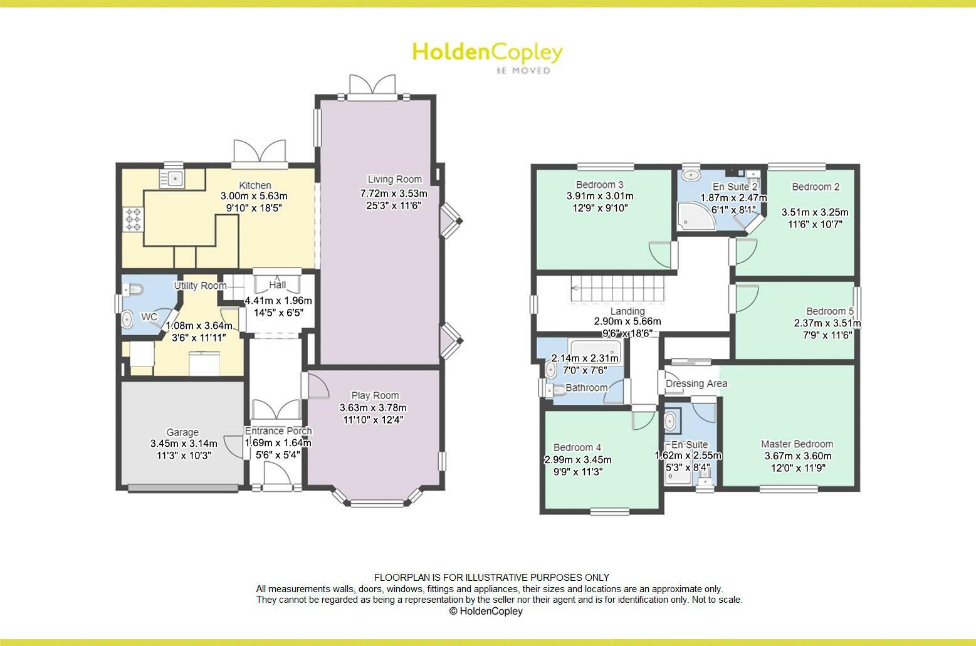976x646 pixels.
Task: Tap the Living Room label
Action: pyautogui.click(x=394, y=179)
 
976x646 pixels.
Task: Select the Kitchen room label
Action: pyautogui.click(x=255, y=185)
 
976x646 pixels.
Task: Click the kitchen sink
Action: pyautogui.click(x=171, y=179)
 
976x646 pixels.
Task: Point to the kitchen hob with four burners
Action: pyautogui.click(x=133, y=220)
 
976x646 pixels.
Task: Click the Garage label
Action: pyautogui.click(x=182, y=432)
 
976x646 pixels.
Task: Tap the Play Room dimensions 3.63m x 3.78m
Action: pyautogui.click(x=375, y=408)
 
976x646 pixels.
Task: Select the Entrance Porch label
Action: pyautogui.click(x=278, y=431)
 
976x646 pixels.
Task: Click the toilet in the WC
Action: pyautogui.click(x=134, y=289)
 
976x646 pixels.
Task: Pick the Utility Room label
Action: pyautogui.click(x=200, y=286)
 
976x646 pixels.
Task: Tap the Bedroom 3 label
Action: pyautogui.click(x=599, y=185)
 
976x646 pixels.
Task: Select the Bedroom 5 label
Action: pyautogui.click(x=830, y=311)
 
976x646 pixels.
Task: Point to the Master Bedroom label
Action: pyautogui.click(x=797, y=444)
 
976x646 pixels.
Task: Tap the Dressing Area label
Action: pyautogui.click(x=696, y=383)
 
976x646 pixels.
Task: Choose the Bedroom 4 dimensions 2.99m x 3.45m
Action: pyautogui.click(x=577, y=460)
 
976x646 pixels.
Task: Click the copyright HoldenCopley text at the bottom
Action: pyautogui.click(x=486, y=611)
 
